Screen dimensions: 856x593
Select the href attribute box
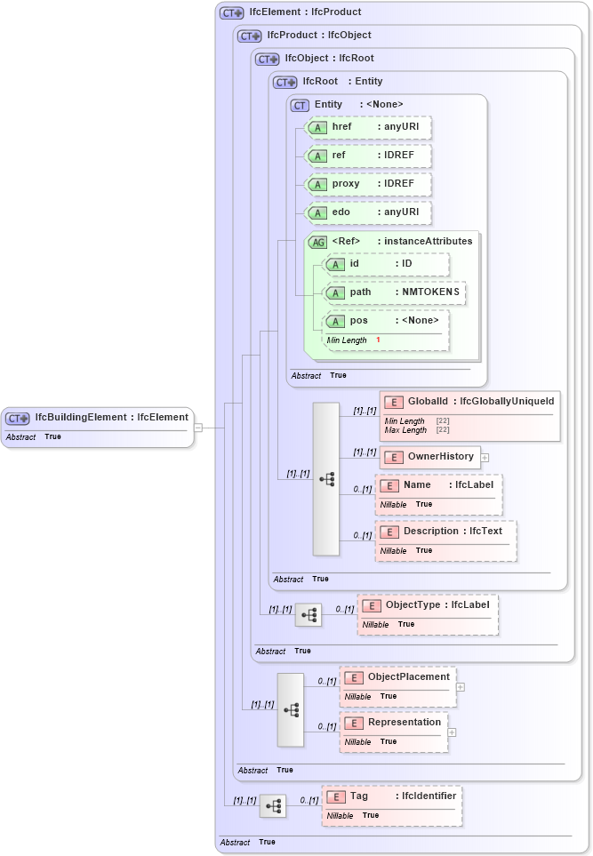(x=368, y=127)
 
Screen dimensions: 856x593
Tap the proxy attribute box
(x=368, y=184)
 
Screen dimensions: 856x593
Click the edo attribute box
(x=368, y=212)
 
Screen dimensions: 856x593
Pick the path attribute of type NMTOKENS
(x=394, y=292)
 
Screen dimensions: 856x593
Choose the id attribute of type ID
(x=386, y=264)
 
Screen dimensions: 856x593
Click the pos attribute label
(x=358, y=321)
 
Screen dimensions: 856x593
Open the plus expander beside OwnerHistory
(x=485, y=458)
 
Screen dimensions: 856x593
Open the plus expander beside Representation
(x=452, y=732)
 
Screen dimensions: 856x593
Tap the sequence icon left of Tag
(x=273, y=806)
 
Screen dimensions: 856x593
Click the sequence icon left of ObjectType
(x=309, y=615)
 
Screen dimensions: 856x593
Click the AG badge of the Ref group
(x=317, y=242)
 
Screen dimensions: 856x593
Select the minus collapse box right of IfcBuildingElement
(x=198, y=428)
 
